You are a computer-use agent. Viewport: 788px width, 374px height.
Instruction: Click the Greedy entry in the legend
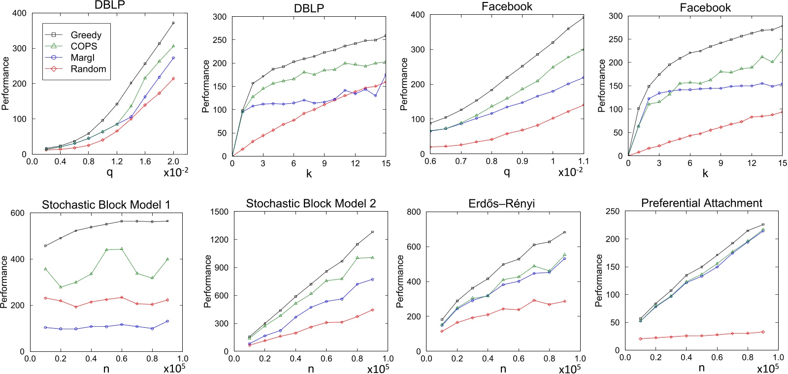(x=86, y=35)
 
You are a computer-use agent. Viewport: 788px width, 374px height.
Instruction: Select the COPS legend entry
(x=84, y=46)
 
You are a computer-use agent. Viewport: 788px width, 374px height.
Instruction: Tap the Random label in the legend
(x=88, y=69)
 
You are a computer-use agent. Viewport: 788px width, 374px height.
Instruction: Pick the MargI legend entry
(x=82, y=58)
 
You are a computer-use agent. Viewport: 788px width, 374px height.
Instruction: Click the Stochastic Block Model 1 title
(x=106, y=205)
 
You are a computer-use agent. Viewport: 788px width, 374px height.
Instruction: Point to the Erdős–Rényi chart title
(x=501, y=203)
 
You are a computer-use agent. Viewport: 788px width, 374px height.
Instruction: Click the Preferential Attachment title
(x=701, y=203)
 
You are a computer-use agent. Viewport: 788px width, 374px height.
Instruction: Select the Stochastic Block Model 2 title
(x=311, y=203)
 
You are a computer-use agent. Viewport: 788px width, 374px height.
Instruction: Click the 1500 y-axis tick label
(x=220, y=212)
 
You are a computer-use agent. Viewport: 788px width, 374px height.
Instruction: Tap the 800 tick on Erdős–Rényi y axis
(x=414, y=212)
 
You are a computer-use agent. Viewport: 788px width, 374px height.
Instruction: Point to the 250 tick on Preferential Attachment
(x=613, y=211)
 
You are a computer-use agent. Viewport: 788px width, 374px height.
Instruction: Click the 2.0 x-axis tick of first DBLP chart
(x=173, y=161)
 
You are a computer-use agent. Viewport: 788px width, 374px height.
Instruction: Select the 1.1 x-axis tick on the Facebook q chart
(x=584, y=161)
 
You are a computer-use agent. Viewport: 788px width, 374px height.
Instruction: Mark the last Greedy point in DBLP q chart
(x=173, y=23)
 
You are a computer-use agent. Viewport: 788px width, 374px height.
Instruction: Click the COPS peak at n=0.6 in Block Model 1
(x=122, y=249)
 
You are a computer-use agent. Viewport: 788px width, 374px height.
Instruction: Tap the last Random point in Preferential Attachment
(x=763, y=332)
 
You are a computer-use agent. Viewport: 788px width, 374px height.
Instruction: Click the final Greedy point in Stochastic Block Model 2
(x=372, y=232)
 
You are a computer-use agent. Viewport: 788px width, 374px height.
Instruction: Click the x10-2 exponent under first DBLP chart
(x=176, y=172)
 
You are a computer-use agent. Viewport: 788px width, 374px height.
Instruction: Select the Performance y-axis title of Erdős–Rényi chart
(x=400, y=281)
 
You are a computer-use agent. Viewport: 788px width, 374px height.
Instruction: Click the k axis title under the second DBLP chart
(x=309, y=174)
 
